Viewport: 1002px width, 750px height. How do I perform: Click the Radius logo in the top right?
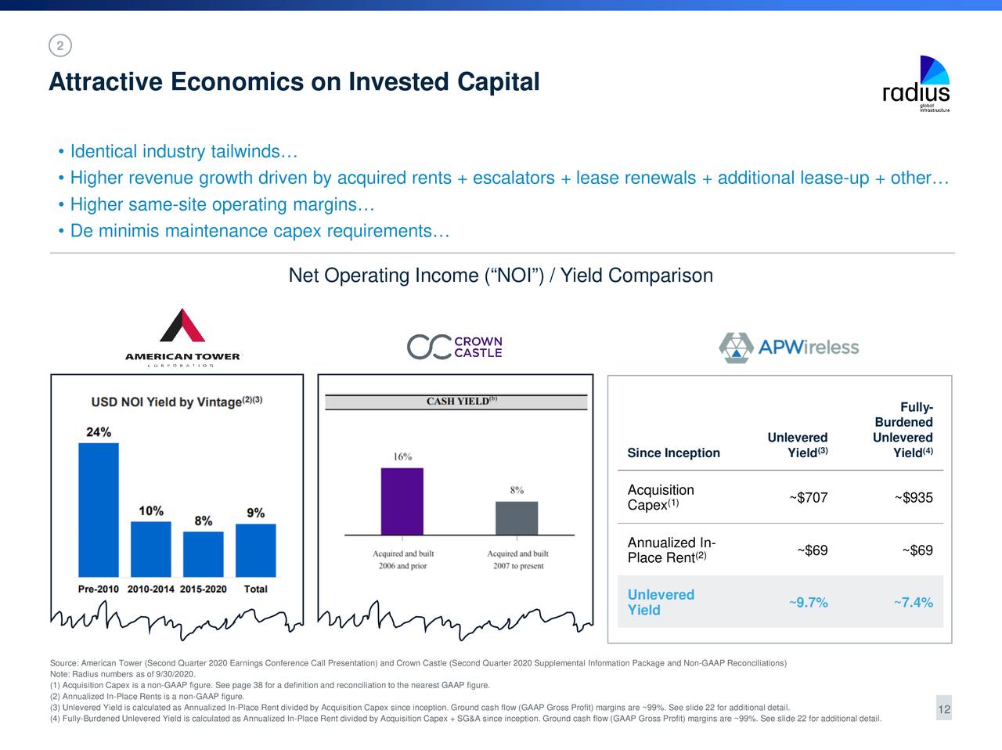tap(917, 84)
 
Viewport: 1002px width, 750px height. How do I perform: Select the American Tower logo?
tap(182, 337)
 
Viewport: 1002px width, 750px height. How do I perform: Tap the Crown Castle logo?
tap(454, 347)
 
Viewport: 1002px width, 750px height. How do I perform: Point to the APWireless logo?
tap(789, 348)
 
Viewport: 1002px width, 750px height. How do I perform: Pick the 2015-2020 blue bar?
tap(204, 553)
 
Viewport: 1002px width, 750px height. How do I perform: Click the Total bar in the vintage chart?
tap(256, 550)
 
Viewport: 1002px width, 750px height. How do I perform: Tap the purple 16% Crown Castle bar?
tap(402, 501)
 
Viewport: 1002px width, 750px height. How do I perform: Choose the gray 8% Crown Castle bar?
tap(517, 517)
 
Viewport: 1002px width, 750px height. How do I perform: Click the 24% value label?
tap(99, 432)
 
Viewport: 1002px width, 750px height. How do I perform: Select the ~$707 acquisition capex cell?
tap(809, 498)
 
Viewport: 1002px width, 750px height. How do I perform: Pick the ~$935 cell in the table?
tap(914, 498)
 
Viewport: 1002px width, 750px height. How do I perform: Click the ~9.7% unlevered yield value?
tap(809, 602)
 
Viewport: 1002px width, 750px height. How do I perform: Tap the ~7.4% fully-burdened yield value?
tap(914, 602)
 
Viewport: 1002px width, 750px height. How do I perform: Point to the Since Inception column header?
tap(673, 453)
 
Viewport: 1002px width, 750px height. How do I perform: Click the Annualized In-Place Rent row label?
tap(672, 550)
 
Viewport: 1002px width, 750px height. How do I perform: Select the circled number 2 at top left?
tap(59, 45)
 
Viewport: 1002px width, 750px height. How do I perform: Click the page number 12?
tap(944, 709)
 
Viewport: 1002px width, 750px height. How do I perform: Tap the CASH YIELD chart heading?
tap(456, 402)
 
